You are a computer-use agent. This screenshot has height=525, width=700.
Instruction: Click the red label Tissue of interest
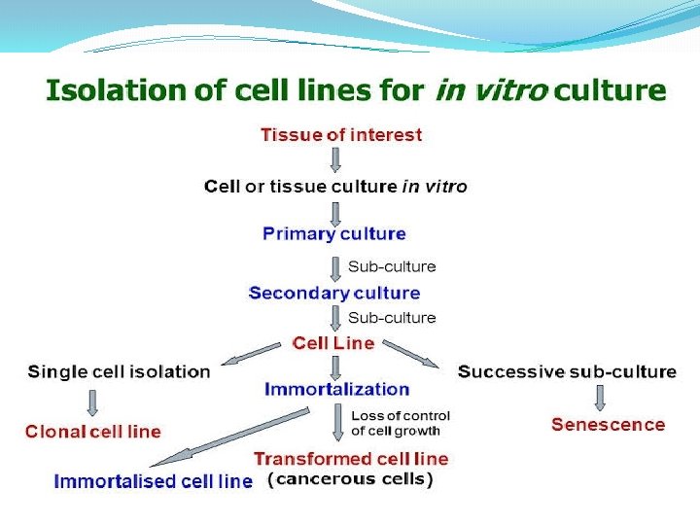click(x=341, y=135)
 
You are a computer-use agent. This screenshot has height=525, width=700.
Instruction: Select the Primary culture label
click(x=333, y=234)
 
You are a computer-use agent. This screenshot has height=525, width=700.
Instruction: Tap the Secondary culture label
click(x=334, y=293)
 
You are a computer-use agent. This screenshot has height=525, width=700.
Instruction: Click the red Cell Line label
click(x=333, y=343)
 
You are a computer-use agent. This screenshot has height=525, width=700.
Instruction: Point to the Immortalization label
click(x=337, y=389)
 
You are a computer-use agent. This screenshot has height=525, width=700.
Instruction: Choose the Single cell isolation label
click(x=119, y=371)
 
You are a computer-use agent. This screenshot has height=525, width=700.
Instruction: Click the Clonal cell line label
click(x=93, y=432)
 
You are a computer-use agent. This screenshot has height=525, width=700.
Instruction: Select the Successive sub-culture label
click(x=567, y=371)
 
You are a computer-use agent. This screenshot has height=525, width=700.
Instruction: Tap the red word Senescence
click(x=608, y=425)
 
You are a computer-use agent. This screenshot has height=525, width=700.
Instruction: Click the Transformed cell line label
click(x=351, y=459)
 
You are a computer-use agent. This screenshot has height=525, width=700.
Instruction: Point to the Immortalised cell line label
click(x=153, y=481)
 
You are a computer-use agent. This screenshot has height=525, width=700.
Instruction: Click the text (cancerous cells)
click(x=350, y=479)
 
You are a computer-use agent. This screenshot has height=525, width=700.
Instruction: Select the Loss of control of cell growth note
click(x=401, y=423)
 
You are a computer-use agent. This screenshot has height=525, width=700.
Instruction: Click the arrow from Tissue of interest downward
click(x=335, y=159)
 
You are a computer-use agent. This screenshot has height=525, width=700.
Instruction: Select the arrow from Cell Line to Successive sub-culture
click(x=412, y=355)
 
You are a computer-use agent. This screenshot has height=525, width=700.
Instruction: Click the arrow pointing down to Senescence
click(x=599, y=397)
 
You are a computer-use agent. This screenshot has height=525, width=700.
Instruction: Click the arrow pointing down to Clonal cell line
click(x=93, y=402)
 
